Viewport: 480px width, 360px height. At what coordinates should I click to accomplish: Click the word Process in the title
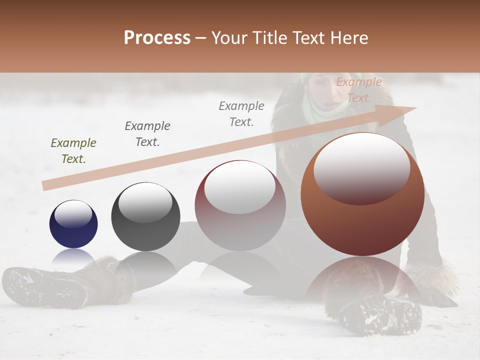157,38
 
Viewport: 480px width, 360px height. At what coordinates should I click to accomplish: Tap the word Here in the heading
349,38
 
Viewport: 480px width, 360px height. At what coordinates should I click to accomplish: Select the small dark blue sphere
73,224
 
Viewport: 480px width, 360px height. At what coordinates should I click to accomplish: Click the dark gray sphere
145,217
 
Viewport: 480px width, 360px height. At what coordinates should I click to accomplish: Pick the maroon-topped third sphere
240,206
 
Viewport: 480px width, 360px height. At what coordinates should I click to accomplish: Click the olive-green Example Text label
73,151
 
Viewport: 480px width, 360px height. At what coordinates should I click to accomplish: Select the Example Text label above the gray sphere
147,133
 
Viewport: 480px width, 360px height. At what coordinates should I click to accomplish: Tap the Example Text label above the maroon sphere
241,113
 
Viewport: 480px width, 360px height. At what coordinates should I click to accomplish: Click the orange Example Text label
358,90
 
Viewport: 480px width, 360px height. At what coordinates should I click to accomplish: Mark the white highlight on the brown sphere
361,167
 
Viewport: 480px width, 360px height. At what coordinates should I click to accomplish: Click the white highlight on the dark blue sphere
73,215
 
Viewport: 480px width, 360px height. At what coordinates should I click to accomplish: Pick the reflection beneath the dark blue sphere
73,257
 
